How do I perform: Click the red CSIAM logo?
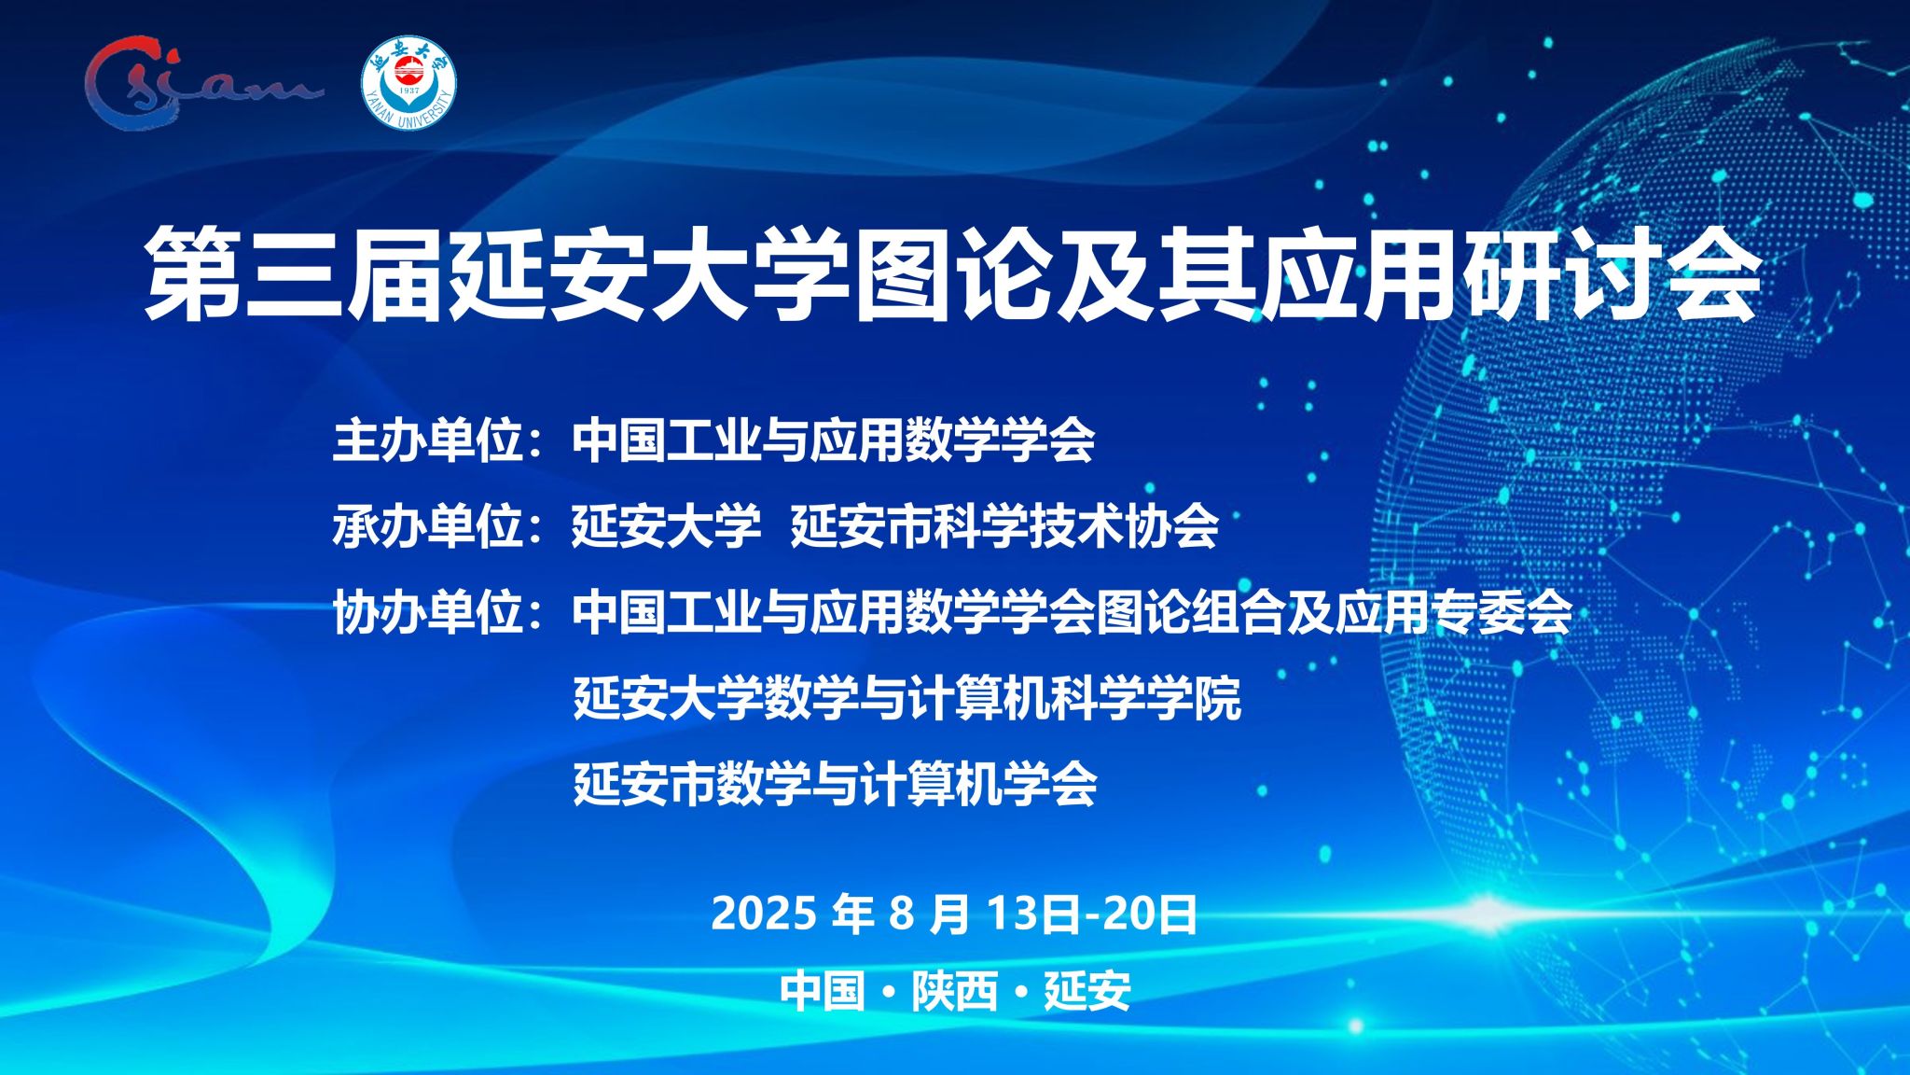click(201, 81)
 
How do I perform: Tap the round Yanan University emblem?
click(408, 84)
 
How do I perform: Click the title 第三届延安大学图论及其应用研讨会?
click(952, 273)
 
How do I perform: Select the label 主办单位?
click(427, 440)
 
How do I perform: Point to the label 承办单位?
click(427, 525)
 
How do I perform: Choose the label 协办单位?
click(427, 612)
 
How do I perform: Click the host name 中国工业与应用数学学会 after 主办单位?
click(834, 440)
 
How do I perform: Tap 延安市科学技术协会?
click(1004, 525)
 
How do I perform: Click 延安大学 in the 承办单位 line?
click(667, 525)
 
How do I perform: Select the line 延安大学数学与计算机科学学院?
click(907, 698)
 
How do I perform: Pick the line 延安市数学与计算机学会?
click(835, 783)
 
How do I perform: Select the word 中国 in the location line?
click(823, 990)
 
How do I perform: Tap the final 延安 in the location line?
click(1087, 990)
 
